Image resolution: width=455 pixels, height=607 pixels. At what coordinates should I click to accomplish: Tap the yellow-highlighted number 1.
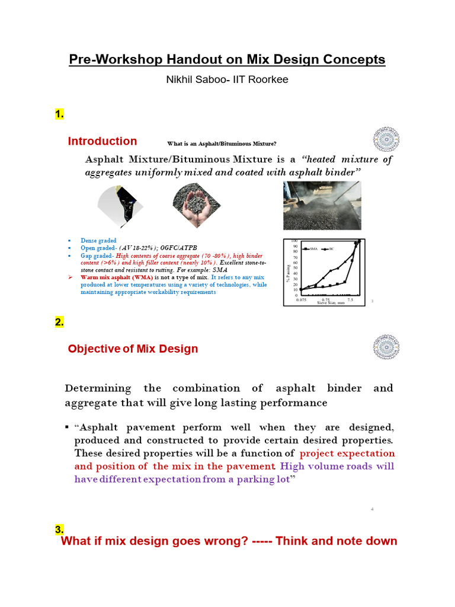59,114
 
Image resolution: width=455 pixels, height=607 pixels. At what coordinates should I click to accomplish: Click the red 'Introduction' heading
102,141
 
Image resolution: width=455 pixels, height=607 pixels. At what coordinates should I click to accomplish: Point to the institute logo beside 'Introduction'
385,139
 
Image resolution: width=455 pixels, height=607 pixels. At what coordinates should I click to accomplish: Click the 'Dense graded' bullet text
99,241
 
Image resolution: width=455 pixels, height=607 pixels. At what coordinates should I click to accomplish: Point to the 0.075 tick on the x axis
302,300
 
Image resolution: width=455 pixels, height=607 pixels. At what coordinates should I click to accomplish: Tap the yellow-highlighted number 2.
59,322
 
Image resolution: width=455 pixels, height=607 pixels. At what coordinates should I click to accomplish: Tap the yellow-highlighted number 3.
59,529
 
